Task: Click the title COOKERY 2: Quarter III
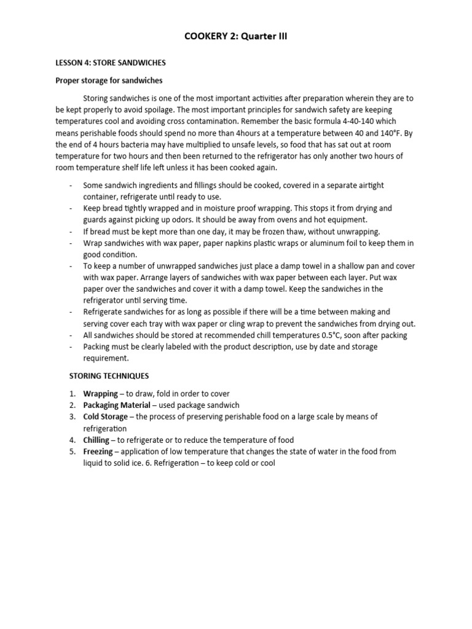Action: pos(235,37)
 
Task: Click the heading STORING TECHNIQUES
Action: pos(108,376)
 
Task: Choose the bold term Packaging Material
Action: pos(117,405)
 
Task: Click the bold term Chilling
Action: pos(96,440)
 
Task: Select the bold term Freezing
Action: pos(98,451)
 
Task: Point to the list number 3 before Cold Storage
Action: pos(72,416)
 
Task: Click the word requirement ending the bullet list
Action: pos(106,358)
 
